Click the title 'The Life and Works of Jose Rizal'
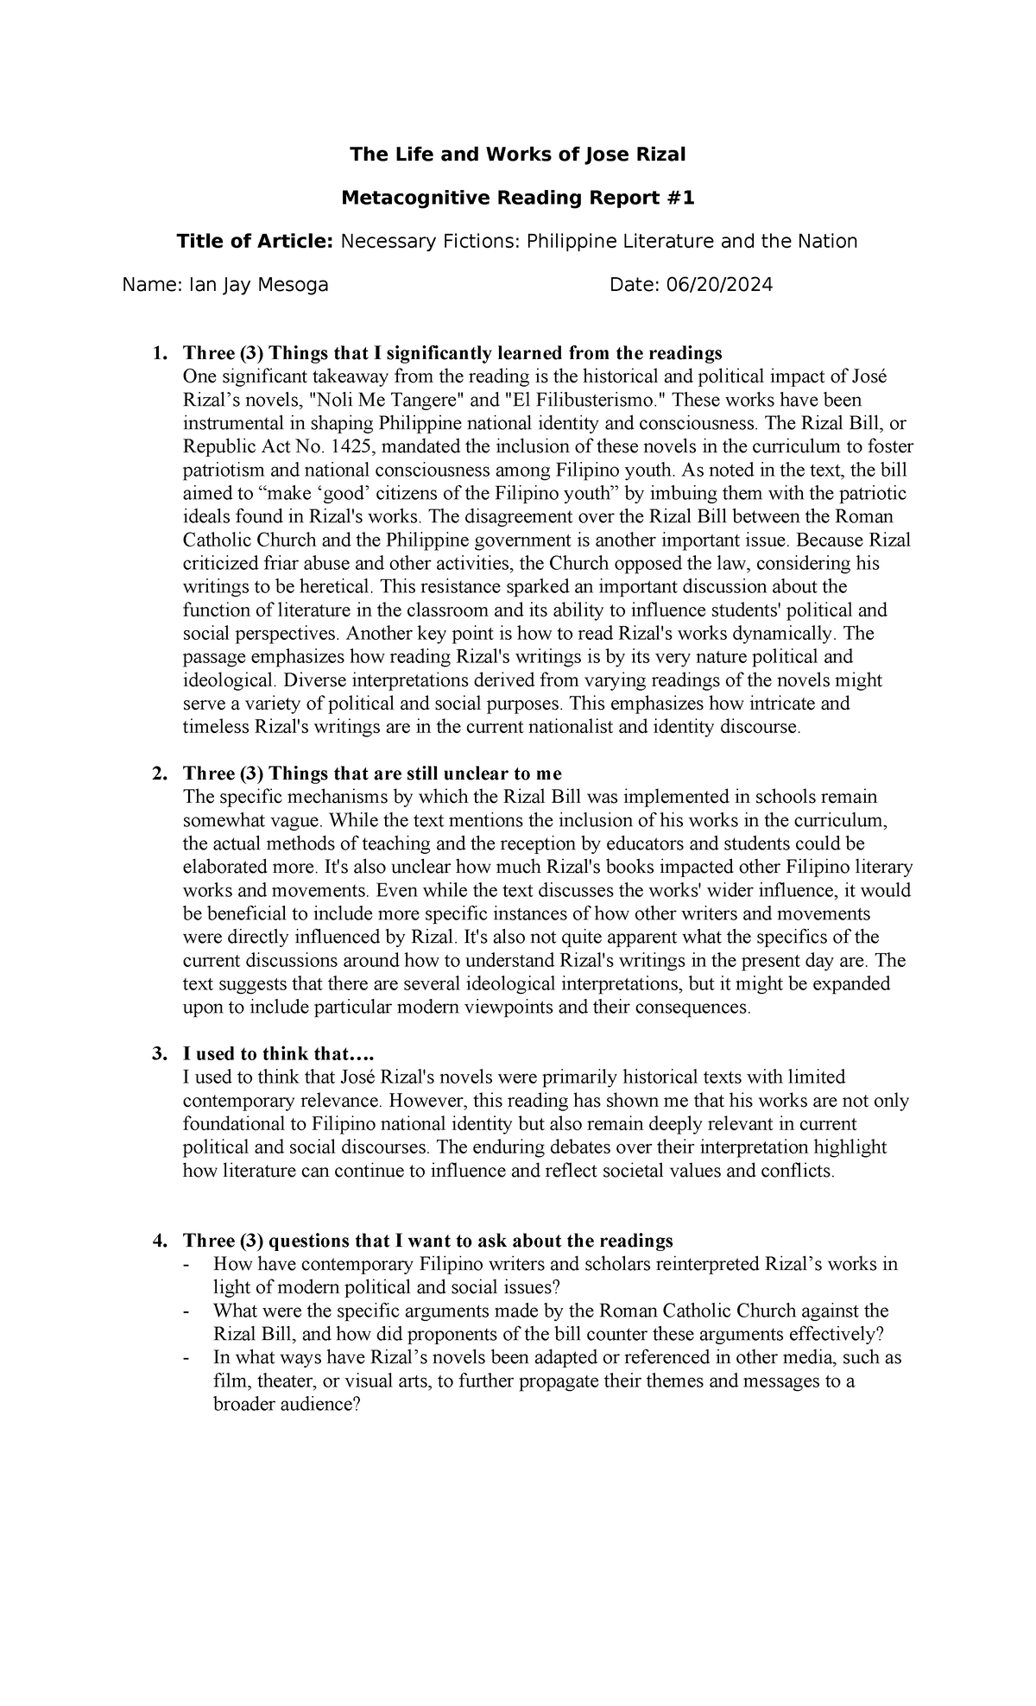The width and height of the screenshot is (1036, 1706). click(517, 155)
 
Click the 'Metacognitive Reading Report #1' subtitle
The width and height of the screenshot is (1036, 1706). click(517, 199)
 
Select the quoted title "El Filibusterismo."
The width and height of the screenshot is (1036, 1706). click(587, 401)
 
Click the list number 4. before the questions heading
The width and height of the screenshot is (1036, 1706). click(158, 1241)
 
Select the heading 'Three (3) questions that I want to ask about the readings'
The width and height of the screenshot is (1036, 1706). click(427, 1241)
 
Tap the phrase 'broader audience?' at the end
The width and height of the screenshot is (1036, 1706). click(286, 1405)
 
